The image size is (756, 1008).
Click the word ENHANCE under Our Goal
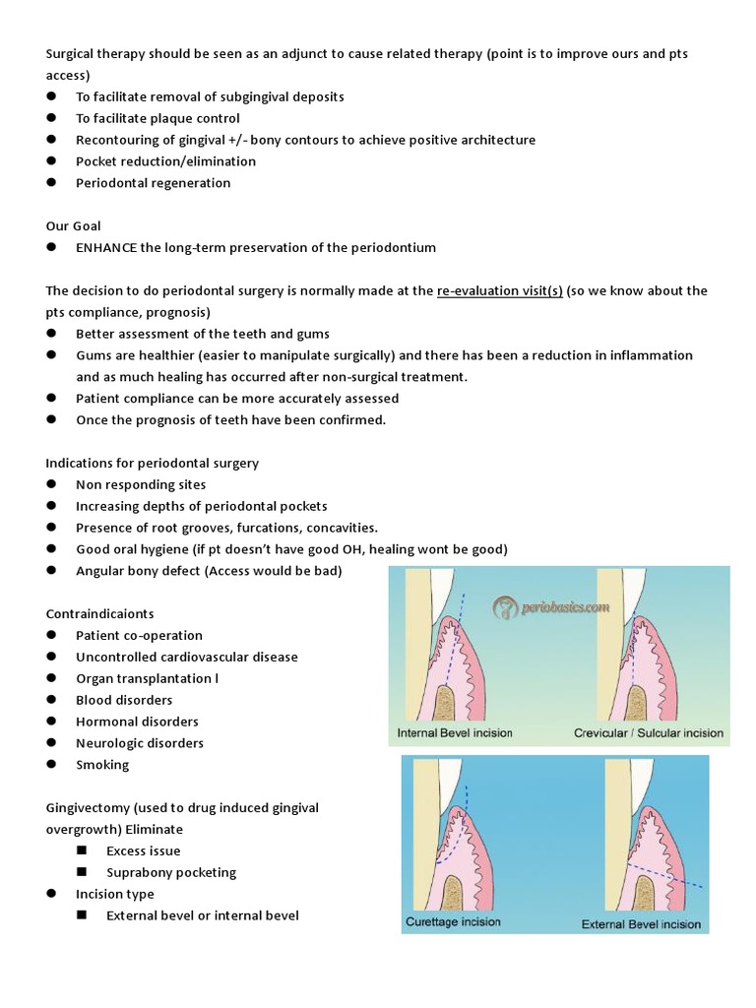click(x=105, y=248)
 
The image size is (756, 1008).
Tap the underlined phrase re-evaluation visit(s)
click(x=499, y=291)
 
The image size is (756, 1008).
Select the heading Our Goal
click(x=74, y=226)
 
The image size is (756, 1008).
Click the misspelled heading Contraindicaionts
click(x=100, y=614)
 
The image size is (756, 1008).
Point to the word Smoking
click(x=102, y=766)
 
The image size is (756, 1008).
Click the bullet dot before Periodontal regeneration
click(x=50, y=183)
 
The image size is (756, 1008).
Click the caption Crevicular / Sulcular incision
click(x=649, y=733)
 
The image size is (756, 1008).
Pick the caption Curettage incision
click(x=453, y=922)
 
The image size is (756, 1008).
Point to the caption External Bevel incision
click(x=641, y=924)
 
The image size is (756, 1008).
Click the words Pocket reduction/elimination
click(x=165, y=161)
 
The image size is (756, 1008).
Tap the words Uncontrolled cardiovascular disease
click(x=186, y=658)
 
